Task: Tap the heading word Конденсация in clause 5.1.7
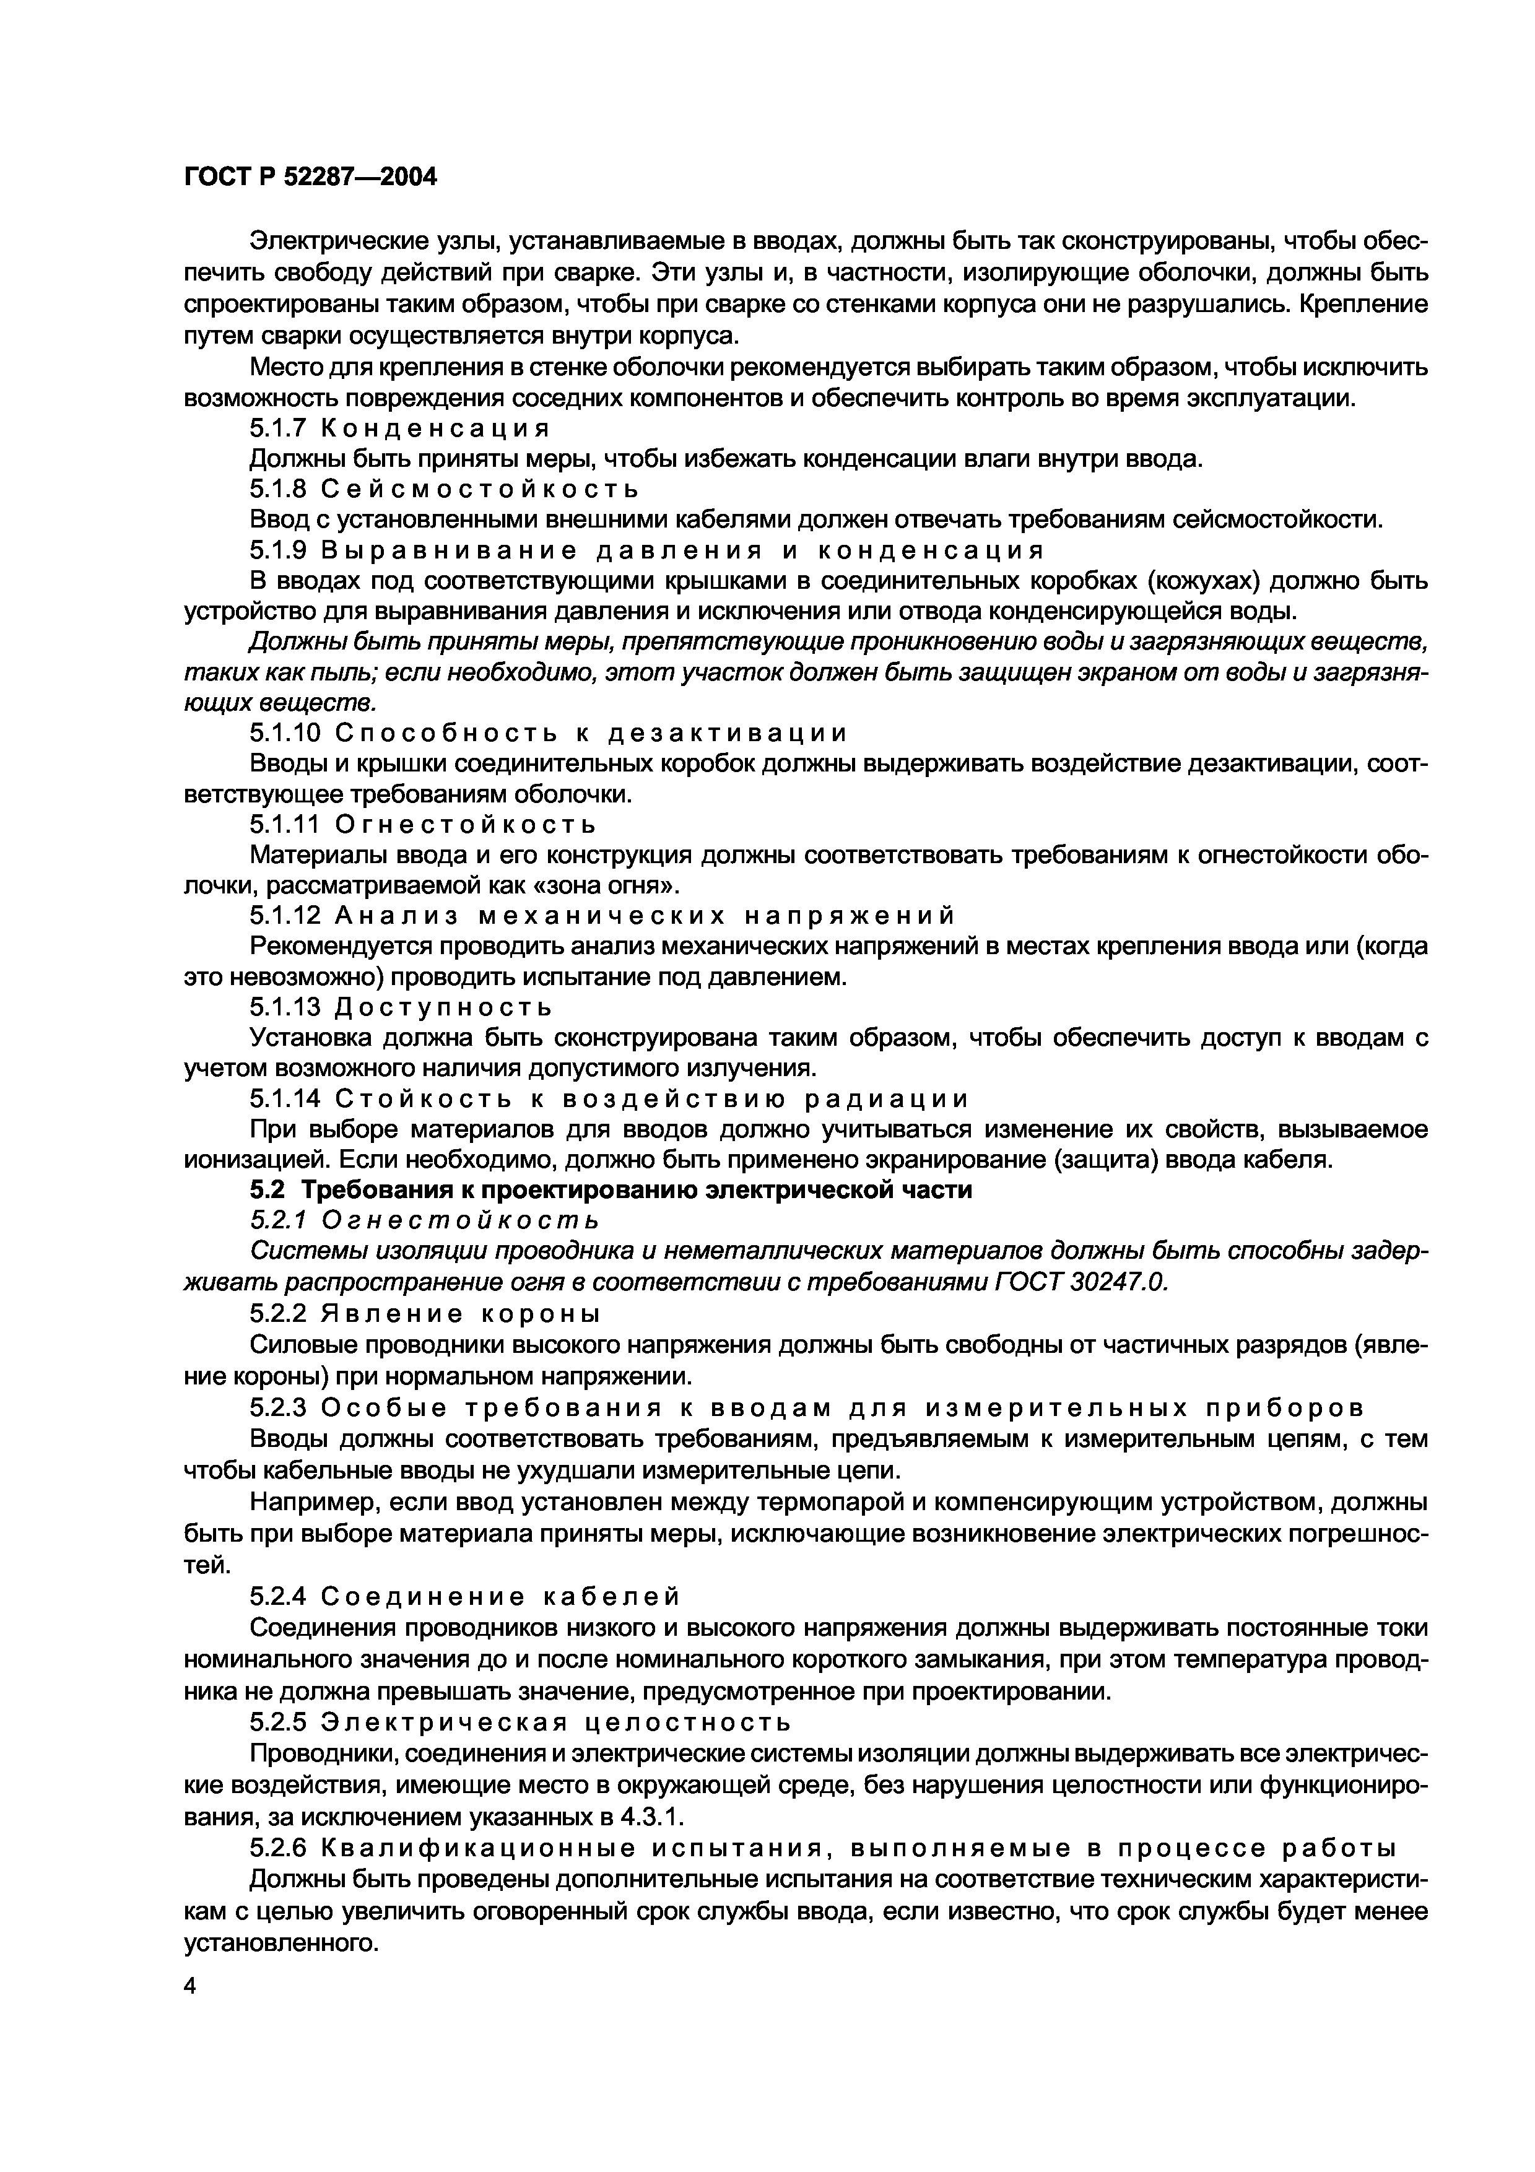tap(435, 428)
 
